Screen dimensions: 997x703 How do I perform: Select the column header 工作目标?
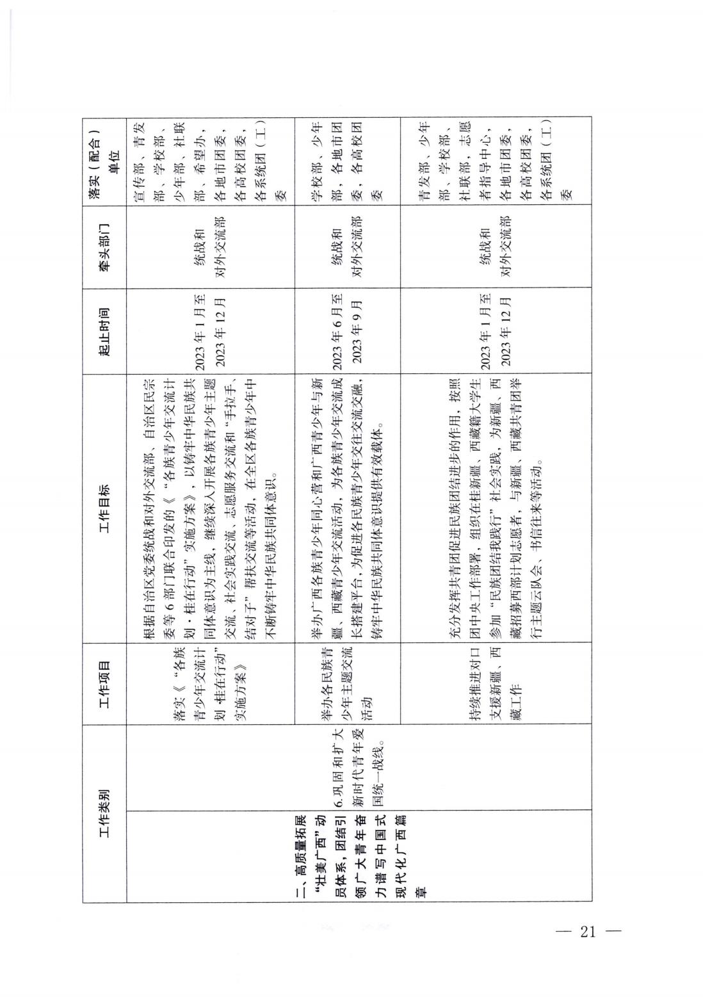[x=105, y=507]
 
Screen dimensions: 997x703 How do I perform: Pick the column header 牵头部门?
[x=105, y=248]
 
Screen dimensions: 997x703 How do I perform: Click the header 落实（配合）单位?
[x=105, y=161]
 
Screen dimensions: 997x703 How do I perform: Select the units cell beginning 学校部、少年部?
[x=348, y=161]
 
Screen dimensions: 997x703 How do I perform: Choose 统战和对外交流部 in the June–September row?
[x=348, y=248]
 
